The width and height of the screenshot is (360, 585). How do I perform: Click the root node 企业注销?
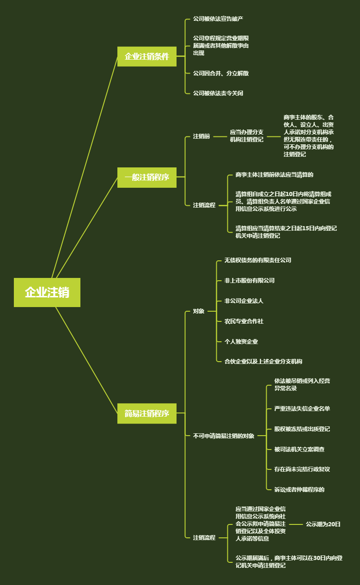coord(47,292)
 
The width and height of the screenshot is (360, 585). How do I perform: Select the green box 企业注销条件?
coord(147,56)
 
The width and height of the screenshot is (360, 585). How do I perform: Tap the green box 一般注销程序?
coord(147,177)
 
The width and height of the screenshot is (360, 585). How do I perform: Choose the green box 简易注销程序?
coord(147,413)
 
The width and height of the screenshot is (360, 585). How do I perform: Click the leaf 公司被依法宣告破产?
coord(218,19)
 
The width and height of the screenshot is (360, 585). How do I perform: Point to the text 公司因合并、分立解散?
coord(221,73)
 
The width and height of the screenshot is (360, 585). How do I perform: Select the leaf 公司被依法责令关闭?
coord(218,93)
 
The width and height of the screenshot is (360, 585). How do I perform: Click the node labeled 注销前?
coord(201,136)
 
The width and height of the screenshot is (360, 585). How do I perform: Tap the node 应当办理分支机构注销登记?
coord(247,135)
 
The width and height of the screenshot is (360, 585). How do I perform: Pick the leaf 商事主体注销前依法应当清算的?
coord(275,175)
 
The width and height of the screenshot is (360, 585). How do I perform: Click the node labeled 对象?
coord(199,311)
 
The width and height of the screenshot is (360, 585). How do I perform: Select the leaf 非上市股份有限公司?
coord(250,280)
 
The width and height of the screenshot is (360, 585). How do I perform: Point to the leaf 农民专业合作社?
coord(244,321)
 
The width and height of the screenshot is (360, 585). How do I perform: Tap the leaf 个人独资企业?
coord(241,341)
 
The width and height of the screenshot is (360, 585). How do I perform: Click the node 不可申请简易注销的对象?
coord(224,436)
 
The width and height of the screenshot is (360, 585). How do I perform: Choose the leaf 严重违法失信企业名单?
coord(302,408)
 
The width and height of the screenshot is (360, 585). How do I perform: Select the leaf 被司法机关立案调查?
coord(299,449)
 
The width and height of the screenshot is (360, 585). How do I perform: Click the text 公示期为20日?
coord(323,524)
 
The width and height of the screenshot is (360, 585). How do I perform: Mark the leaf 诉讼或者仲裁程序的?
coord(299,489)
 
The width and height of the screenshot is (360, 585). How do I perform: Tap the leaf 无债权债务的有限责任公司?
coord(258,260)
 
